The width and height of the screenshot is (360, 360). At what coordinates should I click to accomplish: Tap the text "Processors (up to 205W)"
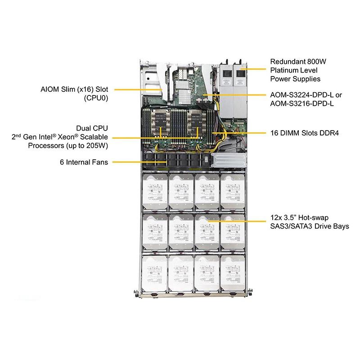(68, 145)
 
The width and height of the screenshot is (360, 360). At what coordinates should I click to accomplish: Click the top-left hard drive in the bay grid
(155, 191)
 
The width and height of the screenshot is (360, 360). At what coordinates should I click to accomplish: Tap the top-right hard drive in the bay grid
(233, 191)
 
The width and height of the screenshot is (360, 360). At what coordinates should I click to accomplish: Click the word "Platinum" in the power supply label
(283, 70)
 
